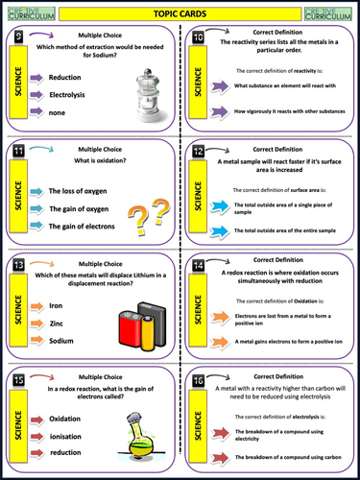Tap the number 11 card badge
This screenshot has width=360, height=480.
tap(18, 152)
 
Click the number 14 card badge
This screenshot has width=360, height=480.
tap(198, 266)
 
